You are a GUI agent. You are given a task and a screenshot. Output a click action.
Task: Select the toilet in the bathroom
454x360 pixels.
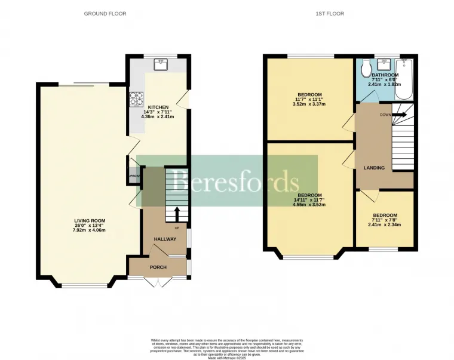pyautogui.click(x=366, y=70)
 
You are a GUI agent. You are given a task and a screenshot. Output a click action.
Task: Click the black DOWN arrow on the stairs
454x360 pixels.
pyautogui.click(x=400, y=114)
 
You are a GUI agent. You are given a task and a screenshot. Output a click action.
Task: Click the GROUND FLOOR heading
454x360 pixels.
pyautogui.click(x=105, y=13)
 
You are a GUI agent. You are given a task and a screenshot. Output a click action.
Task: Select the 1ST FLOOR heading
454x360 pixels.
pyautogui.click(x=331, y=13)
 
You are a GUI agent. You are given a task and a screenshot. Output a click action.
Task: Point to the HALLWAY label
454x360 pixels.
pyautogui.click(x=165, y=239)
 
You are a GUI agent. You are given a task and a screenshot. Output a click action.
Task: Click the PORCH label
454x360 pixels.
pyautogui.click(x=158, y=267)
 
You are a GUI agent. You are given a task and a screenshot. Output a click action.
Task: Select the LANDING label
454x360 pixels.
pyautogui.click(x=374, y=168)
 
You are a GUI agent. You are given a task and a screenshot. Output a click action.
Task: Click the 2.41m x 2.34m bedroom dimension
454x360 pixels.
pyautogui.click(x=385, y=225)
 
